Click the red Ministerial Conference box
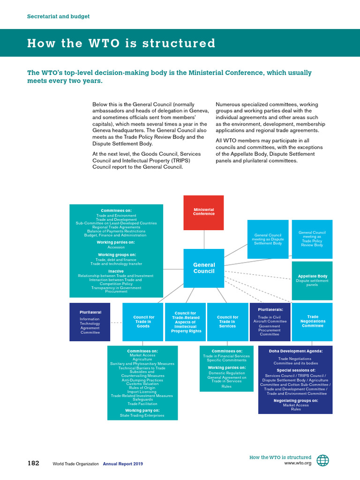point(203,212)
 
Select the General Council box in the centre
point(204,268)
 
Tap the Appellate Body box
point(312,280)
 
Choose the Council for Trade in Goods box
point(142,322)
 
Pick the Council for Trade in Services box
point(227,322)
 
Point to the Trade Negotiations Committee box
point(312,322)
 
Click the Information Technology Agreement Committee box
point(90,322)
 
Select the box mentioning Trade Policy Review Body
point(312,239)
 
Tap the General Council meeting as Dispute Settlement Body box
point(268,239)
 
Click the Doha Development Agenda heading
point(295,351)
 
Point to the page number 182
point(33,463)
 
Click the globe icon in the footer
point(322,460)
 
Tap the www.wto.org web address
point(298,464)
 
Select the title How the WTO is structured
point(121,44)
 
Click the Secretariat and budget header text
point(58,16)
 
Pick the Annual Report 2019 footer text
point(123,464)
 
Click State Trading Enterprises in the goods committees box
point(142,415)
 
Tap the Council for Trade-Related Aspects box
point(185,322)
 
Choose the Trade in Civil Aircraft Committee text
point(270,319)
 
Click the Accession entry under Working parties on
point(116,247)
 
